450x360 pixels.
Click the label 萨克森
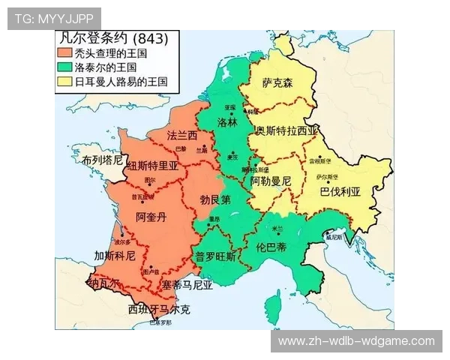(277, 83)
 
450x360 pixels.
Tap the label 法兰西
(181, 136)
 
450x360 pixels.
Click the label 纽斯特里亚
(152, 166)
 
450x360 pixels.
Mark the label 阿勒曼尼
(271, 181)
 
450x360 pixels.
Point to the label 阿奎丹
(151, 217)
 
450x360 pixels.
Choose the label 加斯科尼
(114, 256)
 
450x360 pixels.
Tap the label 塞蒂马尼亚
(187, 285)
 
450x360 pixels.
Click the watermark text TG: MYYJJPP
(53, 18)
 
